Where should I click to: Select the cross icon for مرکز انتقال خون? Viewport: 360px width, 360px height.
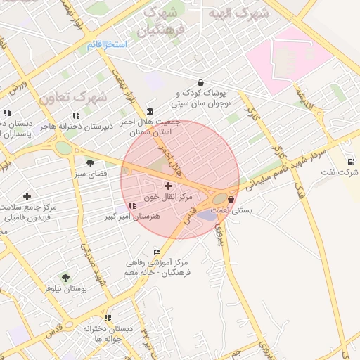[168, 186]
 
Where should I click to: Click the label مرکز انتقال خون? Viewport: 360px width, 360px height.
[168, 197]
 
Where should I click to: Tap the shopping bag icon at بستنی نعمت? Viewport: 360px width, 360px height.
[231, 200]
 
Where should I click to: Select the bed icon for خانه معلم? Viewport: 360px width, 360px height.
[157, 252]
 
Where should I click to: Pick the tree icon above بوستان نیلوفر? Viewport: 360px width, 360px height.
[65, 278]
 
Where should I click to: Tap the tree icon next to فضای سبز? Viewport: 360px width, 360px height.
[90, 162]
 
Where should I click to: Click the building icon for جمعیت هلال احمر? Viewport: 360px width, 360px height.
[151, 111]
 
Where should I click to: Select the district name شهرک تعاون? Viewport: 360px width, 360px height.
[73, 97]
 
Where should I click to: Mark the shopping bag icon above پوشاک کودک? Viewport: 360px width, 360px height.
[201, 82]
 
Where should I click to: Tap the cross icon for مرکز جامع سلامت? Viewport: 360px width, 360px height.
[27, 196]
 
